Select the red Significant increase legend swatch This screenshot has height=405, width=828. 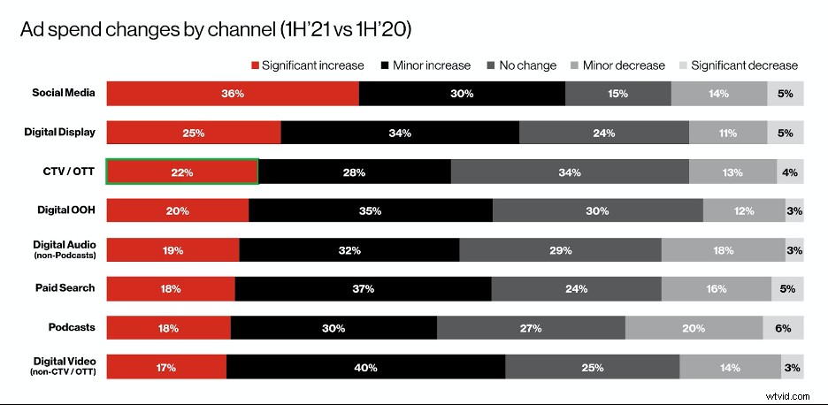pos(257,65)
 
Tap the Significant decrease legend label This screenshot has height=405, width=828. pos(744,65)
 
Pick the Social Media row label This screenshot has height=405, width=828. pos(64,93)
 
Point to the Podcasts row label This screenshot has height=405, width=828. pos(72,327)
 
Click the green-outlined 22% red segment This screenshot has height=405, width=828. pos(182,172)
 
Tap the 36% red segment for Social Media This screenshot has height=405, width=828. pos(233,94)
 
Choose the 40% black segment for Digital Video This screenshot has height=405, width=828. pos(365,366)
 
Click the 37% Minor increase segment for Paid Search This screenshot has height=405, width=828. pos(363,288)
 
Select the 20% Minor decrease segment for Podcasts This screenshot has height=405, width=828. pos(694,327)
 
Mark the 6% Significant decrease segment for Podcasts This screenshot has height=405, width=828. pos(783,327)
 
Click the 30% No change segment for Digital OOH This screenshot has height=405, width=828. pos(597,210)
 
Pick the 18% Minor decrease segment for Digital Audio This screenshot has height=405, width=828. pos(723,250)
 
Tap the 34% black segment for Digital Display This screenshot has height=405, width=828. pos(400,133)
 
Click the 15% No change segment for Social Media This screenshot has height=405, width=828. pos(617,94)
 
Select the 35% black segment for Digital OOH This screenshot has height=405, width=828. pos(370,210)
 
